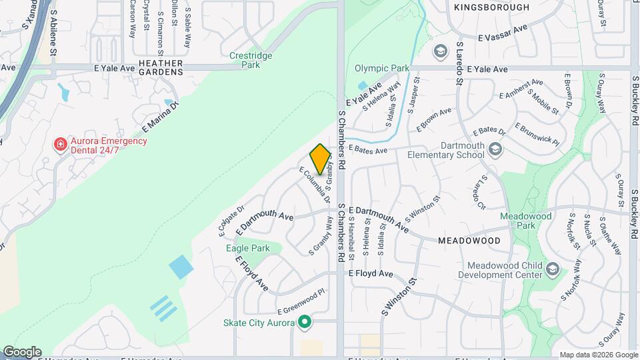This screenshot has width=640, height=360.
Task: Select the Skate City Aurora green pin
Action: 305,323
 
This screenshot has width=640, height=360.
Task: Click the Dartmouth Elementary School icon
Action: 495,149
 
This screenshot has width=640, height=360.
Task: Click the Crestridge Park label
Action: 250,60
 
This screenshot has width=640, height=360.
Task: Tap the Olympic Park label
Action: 381,68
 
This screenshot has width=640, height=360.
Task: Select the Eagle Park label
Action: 247,248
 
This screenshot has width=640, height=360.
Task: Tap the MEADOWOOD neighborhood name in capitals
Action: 469,240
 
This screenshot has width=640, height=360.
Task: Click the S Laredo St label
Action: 459,64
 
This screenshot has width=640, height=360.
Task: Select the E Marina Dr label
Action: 161,118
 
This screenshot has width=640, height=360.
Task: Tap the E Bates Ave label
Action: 368,151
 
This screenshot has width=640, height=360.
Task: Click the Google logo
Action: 22,352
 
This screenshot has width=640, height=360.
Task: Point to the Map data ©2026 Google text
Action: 598,355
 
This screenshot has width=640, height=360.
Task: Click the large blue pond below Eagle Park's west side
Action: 181,267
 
